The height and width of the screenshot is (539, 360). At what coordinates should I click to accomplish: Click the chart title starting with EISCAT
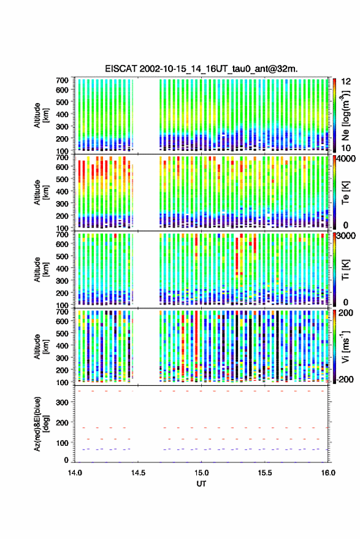click(202, 69)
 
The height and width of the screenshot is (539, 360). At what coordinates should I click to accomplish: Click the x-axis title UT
click(201, 484)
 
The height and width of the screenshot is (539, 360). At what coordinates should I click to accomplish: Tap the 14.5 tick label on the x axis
click(138, 473)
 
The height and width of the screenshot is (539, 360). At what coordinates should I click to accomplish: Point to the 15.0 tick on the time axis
click(201, 473)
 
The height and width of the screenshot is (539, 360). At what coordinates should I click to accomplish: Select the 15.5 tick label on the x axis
click(264, 473)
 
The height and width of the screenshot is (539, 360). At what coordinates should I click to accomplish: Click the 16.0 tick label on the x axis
click(328, 473)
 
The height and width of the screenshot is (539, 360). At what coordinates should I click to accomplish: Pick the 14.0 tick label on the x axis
click(75, 473)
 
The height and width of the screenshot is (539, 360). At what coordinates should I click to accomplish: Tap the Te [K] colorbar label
click(345, 193)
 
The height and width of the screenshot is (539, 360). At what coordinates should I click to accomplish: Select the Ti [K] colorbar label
click(345, 270)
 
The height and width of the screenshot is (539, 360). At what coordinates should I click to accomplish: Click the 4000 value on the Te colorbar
click(347, 159)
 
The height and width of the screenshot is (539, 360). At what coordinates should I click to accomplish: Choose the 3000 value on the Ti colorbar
click(347, 236)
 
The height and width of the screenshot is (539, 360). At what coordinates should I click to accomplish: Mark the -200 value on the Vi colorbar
click(345, 379)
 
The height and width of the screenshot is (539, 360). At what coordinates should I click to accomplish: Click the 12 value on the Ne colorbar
click(347, 82)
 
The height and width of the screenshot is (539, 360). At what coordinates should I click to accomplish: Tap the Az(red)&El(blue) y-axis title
click(41, 424)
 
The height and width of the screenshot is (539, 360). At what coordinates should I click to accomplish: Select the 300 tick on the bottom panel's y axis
click(62, 402)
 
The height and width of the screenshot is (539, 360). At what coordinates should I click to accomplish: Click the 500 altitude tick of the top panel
click(62, 102)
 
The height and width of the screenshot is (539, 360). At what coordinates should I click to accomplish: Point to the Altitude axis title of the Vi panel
click(41, 346)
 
